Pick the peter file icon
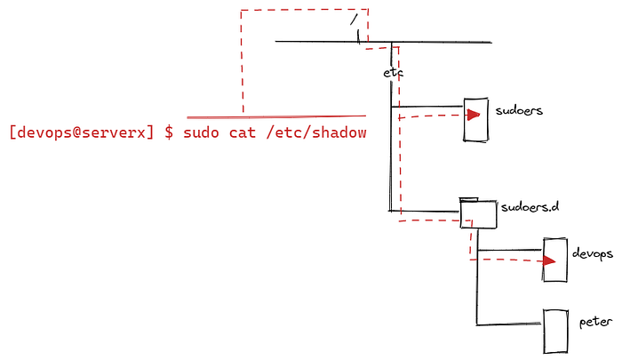(556, 330)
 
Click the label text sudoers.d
(530, 207)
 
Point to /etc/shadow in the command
(315, 132)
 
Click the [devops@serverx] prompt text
(82, 132)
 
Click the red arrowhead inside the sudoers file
(475, 114)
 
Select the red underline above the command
(276, 116)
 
